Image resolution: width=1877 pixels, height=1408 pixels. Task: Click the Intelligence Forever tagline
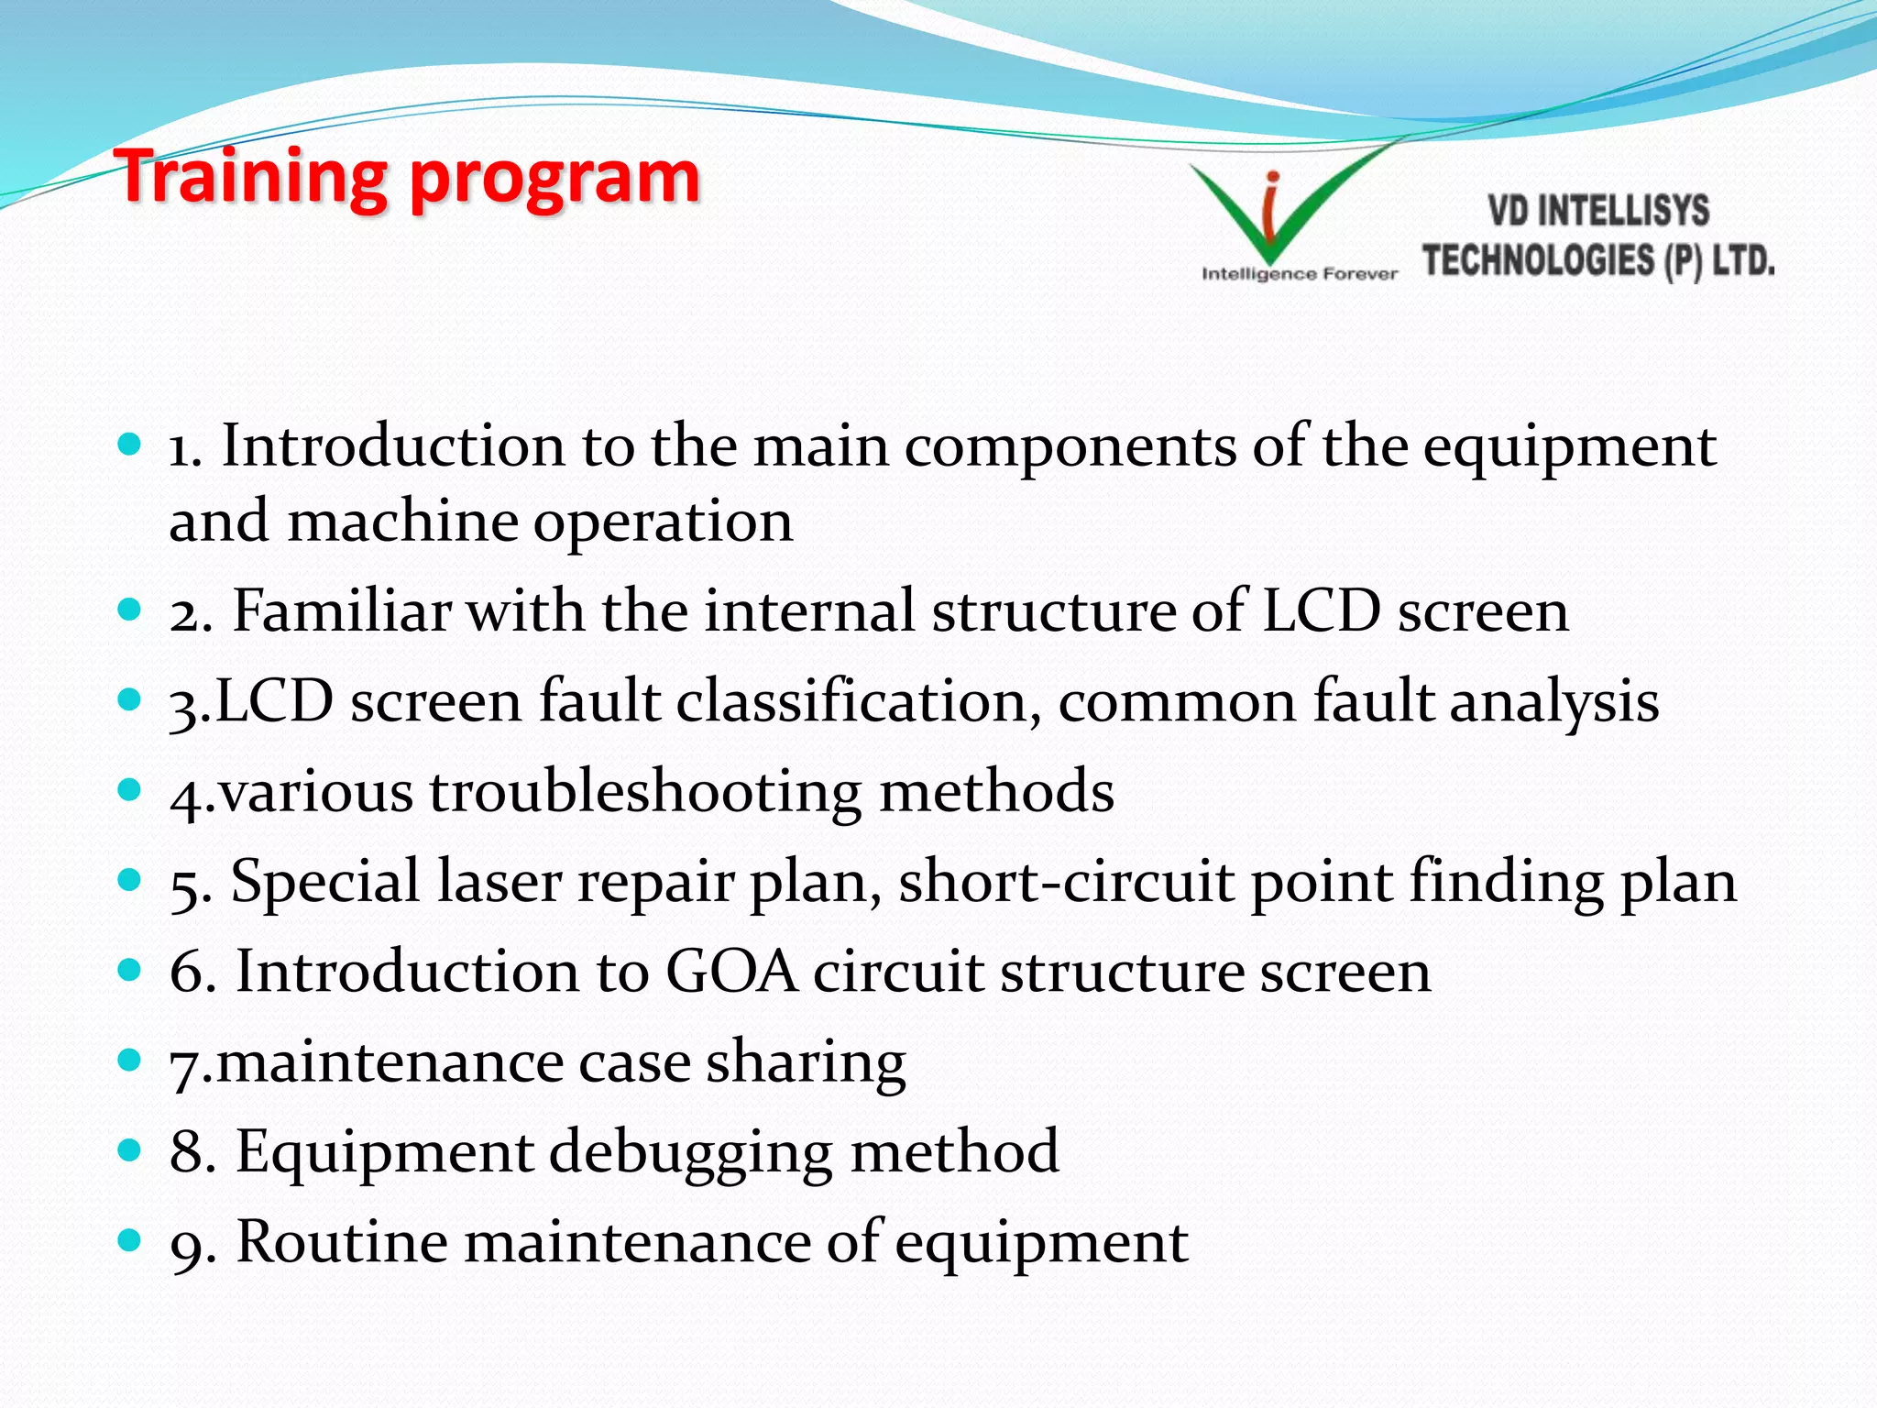tap(1299, 274)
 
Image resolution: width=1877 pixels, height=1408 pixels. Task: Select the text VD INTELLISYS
tap(1597, 211)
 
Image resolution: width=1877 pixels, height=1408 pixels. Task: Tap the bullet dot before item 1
tap(129, 445)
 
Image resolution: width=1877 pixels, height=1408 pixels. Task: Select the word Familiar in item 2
tap(341, 610)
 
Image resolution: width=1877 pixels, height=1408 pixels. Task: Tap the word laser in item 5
tap(499, 881)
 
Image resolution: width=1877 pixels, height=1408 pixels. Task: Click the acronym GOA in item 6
tap(730, 971)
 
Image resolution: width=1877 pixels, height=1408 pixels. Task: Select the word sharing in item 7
tap(806, 1063)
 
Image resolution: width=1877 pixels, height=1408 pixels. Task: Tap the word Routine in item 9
tap(340, 1242)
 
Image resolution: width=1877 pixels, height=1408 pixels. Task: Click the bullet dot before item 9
tap(129, 1241)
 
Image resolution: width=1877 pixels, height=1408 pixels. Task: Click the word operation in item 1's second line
tap(663, 522)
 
